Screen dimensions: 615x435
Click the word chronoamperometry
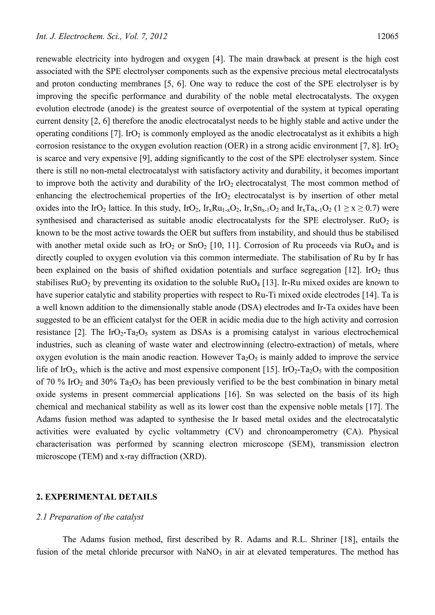[x=304, y=432]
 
